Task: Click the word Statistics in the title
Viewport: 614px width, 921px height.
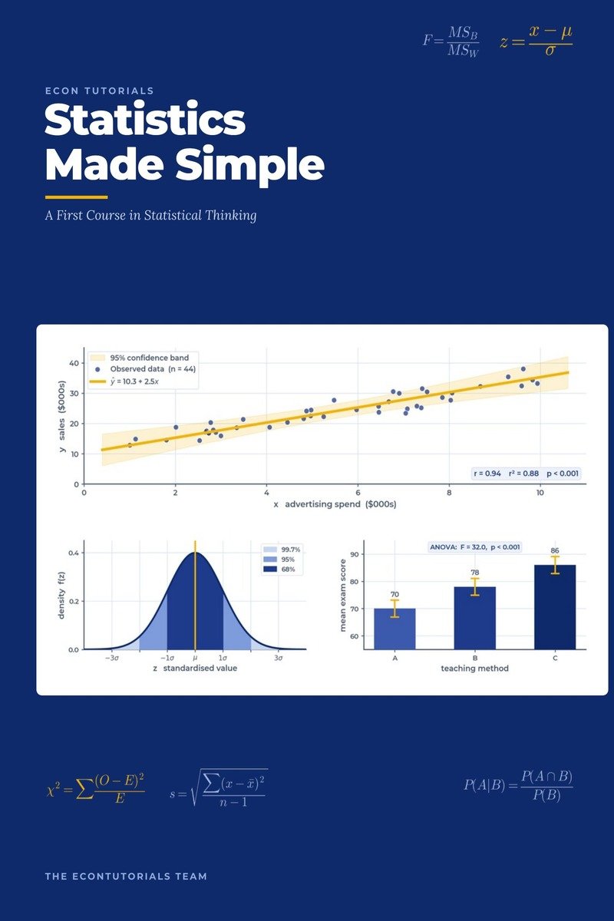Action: [145, 120]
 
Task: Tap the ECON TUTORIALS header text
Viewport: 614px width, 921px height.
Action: [100, 91]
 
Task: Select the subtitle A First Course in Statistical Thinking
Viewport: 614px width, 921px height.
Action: [150, 216]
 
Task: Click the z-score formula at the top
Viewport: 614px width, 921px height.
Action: [536, 40]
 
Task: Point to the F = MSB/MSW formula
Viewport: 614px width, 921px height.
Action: [451, 41]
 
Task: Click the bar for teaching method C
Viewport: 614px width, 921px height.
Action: [555, 607]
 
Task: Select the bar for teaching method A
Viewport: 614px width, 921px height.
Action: [394, 629]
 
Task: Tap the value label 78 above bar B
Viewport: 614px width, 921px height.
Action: [474, 573]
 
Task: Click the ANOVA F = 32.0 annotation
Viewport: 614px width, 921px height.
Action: [474, 547]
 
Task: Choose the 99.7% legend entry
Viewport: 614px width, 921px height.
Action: [282, 550]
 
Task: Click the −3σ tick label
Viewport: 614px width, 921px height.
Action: [111, 658]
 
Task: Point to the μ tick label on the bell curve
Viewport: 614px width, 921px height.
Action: [195, 659]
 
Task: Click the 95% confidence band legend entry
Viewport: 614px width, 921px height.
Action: [139, 358]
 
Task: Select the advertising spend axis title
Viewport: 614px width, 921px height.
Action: [335, 504]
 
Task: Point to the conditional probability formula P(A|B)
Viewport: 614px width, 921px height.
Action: [518, 785]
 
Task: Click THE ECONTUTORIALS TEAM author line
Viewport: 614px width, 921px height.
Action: [126, 876]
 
